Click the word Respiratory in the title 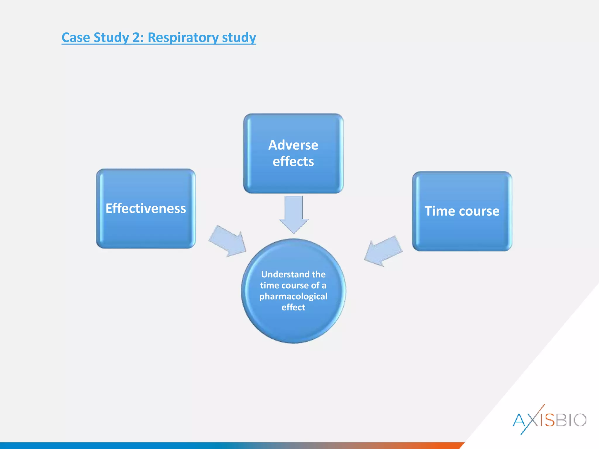[x=183, y=37]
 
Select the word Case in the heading [x=75, y=37]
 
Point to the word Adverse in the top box [x=293, y=145]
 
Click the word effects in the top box [x=293, y=161]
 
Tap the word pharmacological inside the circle [x=293, y=296]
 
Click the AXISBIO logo [x=549, y=420]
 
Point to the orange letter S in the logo [x=549, y=420]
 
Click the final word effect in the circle [x=293, y=307]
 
